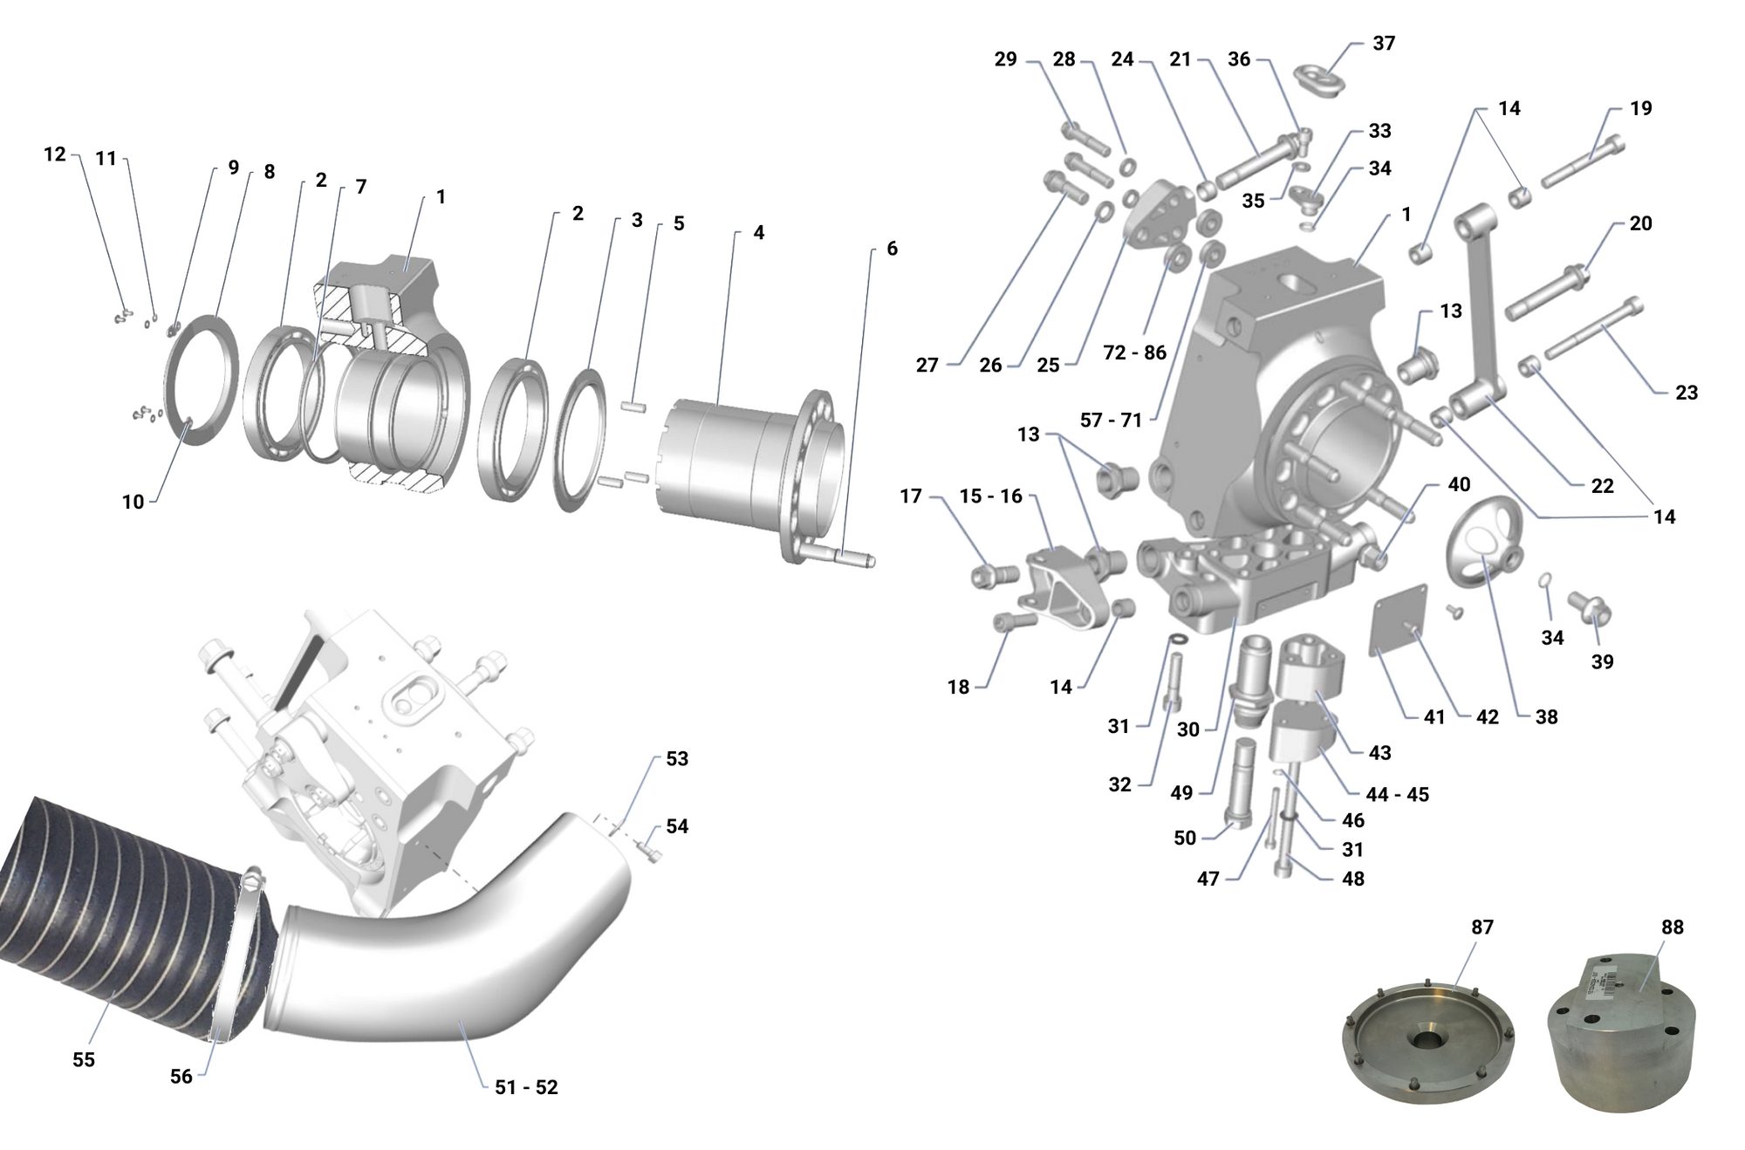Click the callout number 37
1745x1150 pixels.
pos(1384,43)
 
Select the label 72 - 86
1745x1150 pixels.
pos(1134,353)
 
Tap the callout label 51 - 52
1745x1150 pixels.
pos(526,1087)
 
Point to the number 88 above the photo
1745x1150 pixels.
pos(1672,927)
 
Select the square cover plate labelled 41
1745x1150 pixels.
pos(1399,621)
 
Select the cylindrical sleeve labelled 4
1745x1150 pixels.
pos(724,467)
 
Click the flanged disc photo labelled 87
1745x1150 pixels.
pos(1427,1038)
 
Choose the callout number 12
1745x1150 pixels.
pos(54,154)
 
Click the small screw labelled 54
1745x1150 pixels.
pos(650,849)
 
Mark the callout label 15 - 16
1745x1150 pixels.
pos(990,496)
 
